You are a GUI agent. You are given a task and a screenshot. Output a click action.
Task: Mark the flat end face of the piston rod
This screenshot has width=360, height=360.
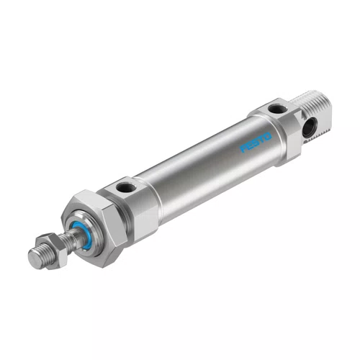click(x=33, y=258)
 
